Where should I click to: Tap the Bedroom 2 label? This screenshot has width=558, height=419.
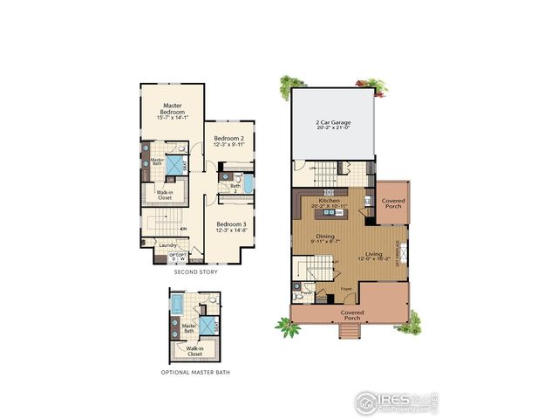point(229,138)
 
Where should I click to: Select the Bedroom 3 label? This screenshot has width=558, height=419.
point(231,223)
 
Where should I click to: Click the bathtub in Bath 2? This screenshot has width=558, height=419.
point(247,185)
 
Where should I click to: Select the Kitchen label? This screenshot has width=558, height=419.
point(329,201)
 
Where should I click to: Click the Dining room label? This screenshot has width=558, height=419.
point(325,237)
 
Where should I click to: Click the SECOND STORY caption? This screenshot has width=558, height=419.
point(194,272)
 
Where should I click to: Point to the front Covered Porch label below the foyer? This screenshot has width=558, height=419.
point(351,314)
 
